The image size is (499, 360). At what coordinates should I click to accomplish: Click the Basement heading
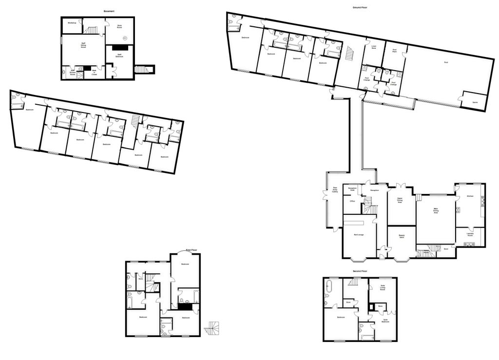[x=109, y=11]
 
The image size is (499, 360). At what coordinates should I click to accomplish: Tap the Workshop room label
[x=72, y=23]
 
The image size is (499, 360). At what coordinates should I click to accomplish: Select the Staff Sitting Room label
[x=83, y=45]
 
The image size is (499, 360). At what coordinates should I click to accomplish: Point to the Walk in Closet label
[x=95, y=73]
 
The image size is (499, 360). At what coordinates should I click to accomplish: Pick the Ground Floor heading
[x=360, y=8]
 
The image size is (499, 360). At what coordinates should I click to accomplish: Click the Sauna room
[x=475, y=102]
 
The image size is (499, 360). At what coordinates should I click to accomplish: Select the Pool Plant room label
[x=394, y=50]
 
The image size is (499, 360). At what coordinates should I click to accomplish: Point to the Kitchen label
[x=470, y=196]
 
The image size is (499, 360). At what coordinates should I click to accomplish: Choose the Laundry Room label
[x=470, y=235]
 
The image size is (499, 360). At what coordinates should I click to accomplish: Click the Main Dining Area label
[x=436, y=211]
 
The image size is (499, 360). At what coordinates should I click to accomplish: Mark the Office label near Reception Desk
[x=352, y=201]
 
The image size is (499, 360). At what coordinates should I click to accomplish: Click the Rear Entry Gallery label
[x=335, y=190]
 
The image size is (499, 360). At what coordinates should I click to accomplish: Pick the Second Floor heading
[x=360, y=271]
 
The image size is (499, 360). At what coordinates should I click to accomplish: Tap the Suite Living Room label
[x=383, y=288]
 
